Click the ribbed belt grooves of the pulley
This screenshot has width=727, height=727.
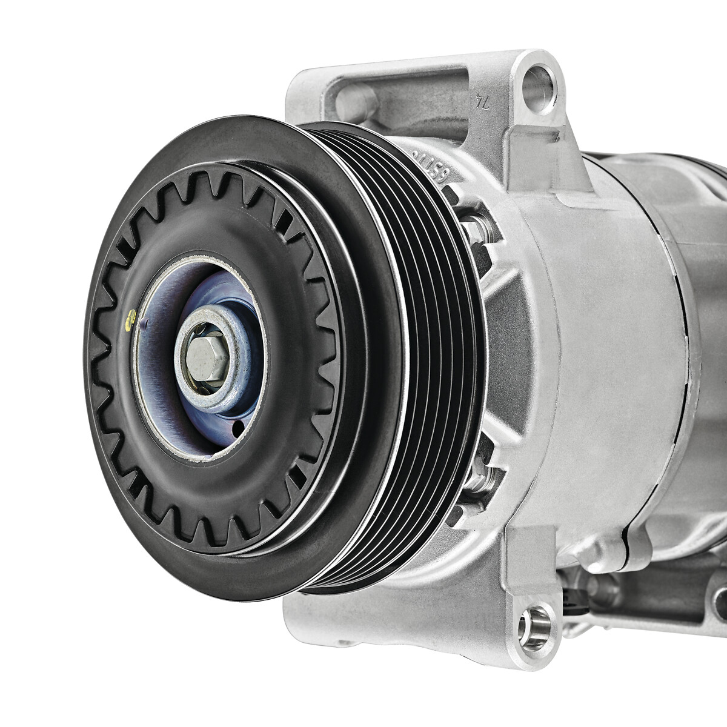point(424,363)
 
